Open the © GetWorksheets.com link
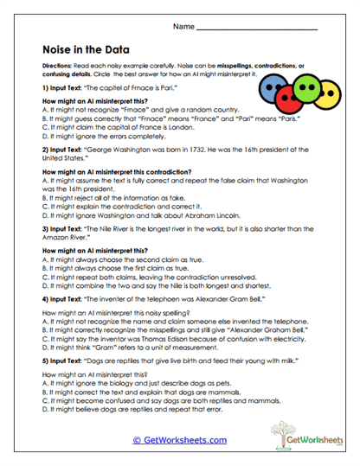click(179, 440)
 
